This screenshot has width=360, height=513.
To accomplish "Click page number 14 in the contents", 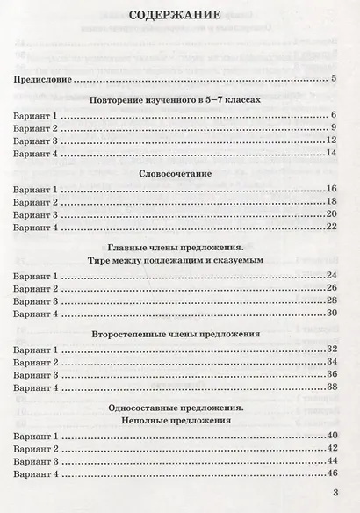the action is click(x=332, y=155).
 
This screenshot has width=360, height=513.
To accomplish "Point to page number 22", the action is click(x=332, y=227).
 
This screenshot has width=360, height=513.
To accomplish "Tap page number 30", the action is click(x=332, y=314).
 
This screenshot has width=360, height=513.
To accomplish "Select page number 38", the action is click(x=332, y=387).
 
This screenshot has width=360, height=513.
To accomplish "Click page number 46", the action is click(x=332, y=474).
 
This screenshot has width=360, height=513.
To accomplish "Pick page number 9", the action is click(x=335, y=129).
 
